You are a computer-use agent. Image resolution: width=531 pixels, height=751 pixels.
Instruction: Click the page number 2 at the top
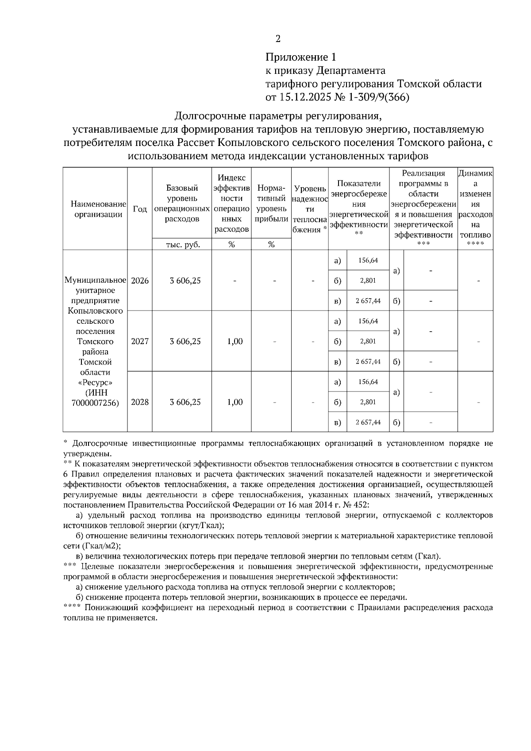[x=278, y=39]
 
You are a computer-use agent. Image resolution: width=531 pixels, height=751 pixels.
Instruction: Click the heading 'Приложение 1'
[x=301, y=57]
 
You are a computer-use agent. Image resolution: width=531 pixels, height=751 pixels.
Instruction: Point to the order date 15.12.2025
[x=306, y=97]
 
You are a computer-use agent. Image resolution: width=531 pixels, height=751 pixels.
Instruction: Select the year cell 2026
[x=140, y=281]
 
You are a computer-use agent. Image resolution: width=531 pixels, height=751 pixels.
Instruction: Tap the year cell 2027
[x=140, y=341]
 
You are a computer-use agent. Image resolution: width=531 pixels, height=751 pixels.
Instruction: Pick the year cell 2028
[x=140, y=402]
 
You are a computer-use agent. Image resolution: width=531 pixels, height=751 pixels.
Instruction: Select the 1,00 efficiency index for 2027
[x=235, y=341]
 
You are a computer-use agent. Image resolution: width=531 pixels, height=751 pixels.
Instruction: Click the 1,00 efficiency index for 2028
[x=235, y=402]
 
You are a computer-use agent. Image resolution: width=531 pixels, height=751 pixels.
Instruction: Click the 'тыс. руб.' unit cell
[x=182, y=245]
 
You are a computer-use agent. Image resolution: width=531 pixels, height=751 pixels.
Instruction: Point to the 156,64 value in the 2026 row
[x=368, y=261]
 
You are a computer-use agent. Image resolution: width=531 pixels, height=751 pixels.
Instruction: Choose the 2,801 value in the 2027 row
[x=368, y=341]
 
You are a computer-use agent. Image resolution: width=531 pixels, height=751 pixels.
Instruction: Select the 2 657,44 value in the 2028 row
[x=368, y=422]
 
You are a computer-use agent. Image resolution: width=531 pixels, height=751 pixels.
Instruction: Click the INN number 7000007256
[x=95, y=402]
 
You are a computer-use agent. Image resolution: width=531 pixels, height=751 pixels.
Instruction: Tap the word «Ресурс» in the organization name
[x=95, y=382]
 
